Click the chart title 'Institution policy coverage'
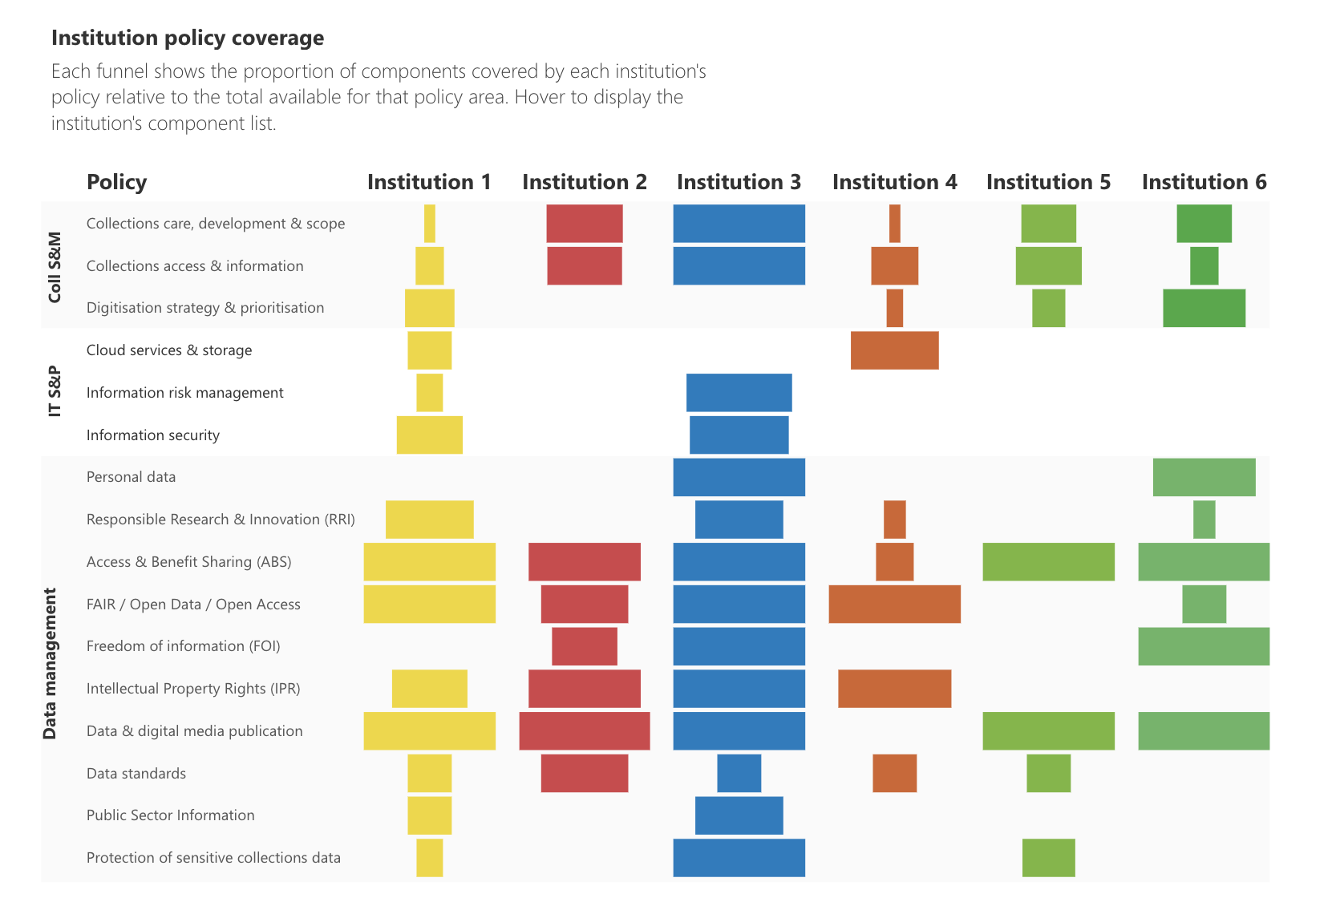coord(188,38)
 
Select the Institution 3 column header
coord(739,182)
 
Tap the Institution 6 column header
coord(1204,182)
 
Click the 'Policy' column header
coord(116,182)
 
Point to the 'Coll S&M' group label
coord(55,267)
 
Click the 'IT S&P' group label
coord(55,391)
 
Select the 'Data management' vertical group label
coord(50,663)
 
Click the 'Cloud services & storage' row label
coord(169,350)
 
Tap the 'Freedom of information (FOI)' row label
coord(183,646)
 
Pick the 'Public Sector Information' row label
coord(170,815)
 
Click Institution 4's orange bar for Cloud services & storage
coord(894,350)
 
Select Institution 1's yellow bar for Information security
coord(429,435)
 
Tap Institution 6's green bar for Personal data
coord(1204,477)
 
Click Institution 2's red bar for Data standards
coord(584,773)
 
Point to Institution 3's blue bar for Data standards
coord(739,773)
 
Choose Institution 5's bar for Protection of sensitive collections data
coord(1048,858)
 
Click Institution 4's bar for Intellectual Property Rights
coord(894,689)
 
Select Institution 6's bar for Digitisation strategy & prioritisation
coord(1204,308)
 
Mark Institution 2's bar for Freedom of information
coord(584,646)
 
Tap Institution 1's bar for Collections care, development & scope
coord(429,224)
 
